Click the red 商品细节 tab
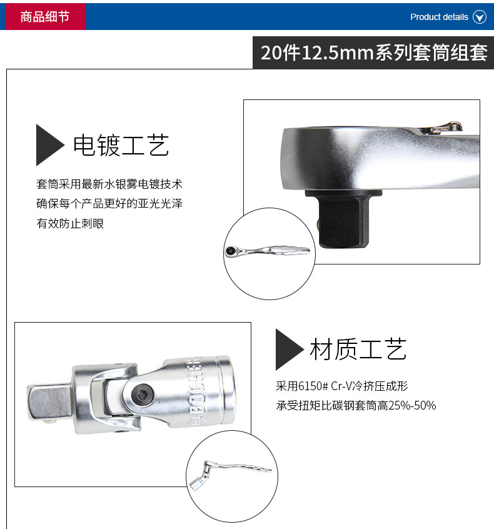point(45,16)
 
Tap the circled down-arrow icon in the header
point(479,17)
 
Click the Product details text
point(439,17)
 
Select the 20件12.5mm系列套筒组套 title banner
point(373,53)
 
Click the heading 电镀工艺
point(121,145)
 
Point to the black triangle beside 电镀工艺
point(49,144)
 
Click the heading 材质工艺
point(358,349)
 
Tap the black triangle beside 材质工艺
point(289,350)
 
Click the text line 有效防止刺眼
point(70,223)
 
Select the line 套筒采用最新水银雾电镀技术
point(109,184)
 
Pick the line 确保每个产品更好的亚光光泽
point(109,203)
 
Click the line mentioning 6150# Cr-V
point(342,386)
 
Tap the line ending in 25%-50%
point(356,405)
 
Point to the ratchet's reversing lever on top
point(440,128)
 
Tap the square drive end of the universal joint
point(49,403)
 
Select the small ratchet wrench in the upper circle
point(267,251)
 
